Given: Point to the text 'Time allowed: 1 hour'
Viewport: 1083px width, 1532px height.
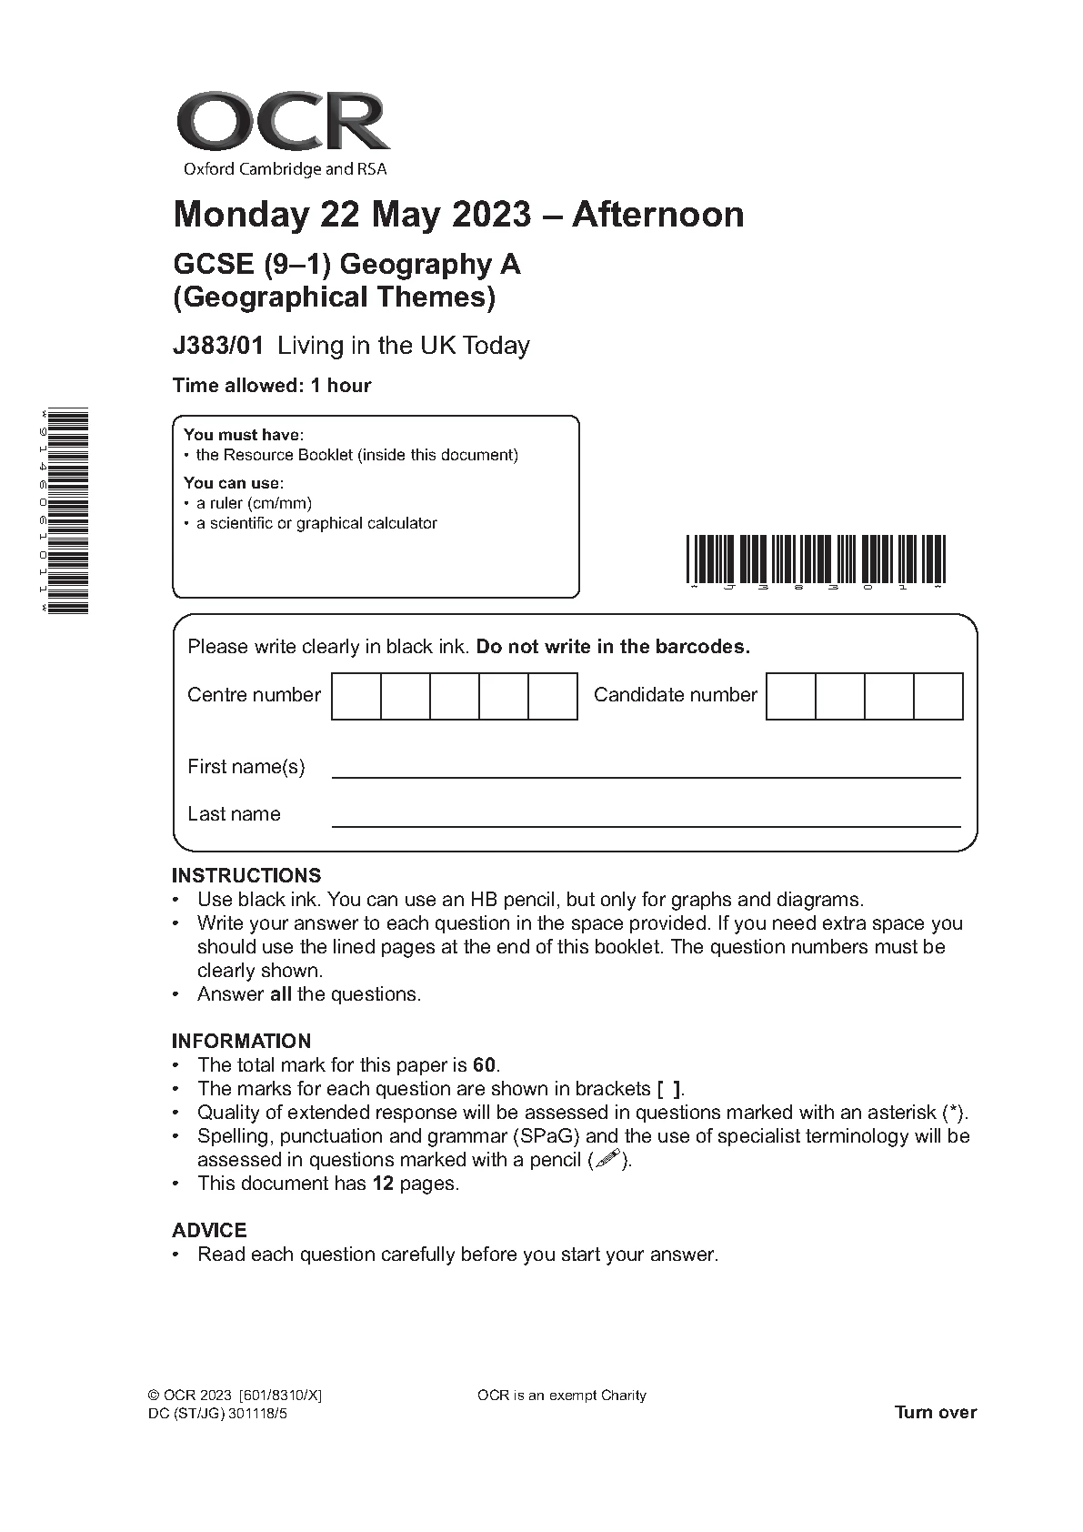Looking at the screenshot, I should point(272,386).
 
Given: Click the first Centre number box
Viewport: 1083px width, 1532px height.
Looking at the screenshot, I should point(356,696).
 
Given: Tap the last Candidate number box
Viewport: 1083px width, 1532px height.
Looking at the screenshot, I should point(938,696).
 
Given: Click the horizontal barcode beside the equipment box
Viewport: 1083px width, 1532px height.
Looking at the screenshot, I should point(816,559).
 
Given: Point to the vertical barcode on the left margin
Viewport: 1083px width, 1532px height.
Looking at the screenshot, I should point(67,511).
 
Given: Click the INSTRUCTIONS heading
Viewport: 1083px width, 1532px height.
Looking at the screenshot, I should point(246,876).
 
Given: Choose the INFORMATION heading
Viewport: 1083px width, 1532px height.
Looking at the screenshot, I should point(241,1042).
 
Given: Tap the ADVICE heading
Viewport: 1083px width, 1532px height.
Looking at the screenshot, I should point(209,1231).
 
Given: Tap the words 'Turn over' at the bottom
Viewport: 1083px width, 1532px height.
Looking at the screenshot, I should point(935,1413).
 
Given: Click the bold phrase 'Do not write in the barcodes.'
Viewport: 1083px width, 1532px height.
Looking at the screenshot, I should point(613,647).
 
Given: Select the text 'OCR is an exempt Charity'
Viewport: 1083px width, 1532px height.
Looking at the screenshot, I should point(561,1396).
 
